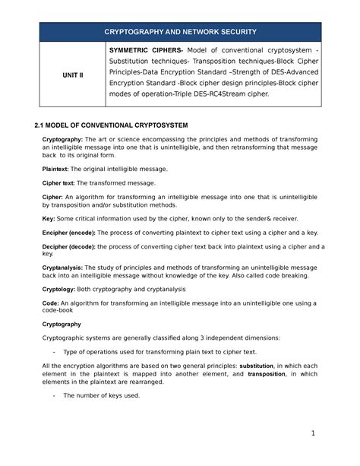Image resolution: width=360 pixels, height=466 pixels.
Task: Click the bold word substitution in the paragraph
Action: pos(256,366)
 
